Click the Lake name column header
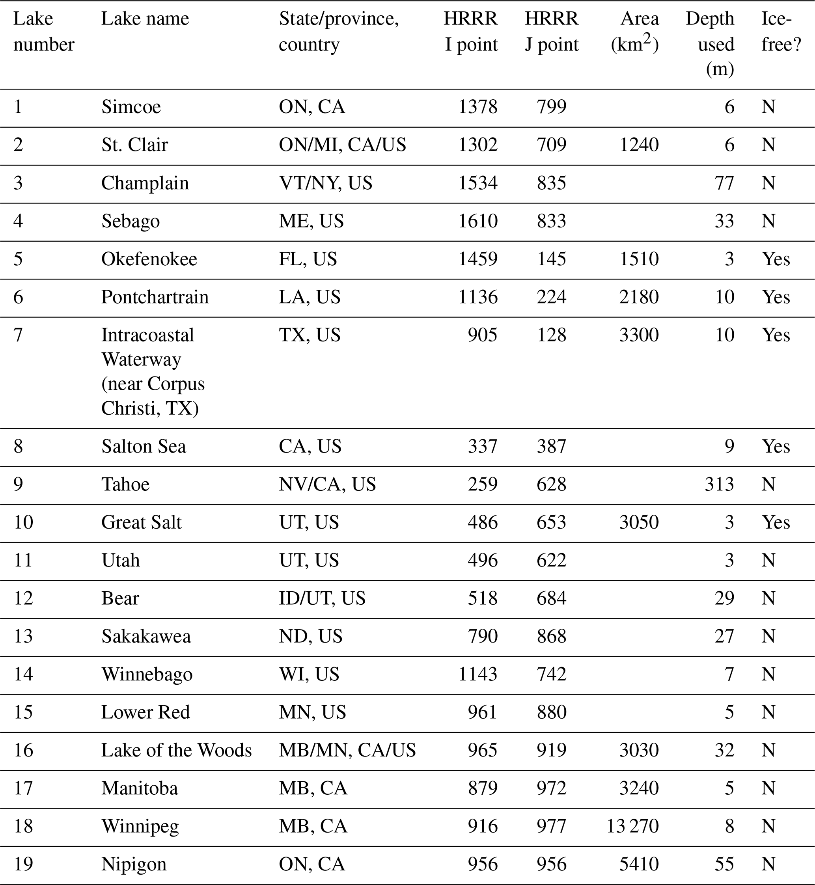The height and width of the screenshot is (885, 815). [145, 19]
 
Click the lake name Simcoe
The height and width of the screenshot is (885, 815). [131, 107]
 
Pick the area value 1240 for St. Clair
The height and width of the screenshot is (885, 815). [639, 145]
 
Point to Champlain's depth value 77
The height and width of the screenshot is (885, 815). [724, 183]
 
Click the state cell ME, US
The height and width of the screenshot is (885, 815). [311, 221]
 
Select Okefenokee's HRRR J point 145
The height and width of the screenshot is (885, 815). [551, 259]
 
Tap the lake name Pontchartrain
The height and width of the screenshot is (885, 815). [155, 297]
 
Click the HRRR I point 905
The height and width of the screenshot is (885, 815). [483, 335]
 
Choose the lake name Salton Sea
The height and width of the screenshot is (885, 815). [144, 446]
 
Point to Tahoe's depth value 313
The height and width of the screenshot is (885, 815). [719, 484]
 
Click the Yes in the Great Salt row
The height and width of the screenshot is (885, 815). [776, 522]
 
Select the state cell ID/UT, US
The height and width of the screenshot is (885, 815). [322, 598]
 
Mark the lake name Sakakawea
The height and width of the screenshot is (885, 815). [146, 636]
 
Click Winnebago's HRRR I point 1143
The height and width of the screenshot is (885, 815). [478, 674]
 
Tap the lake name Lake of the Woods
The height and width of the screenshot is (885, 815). [176, 750]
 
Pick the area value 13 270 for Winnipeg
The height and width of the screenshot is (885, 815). [632, 826]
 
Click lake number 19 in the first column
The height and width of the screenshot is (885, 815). [23, 864]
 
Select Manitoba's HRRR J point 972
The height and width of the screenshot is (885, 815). [551, 788]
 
